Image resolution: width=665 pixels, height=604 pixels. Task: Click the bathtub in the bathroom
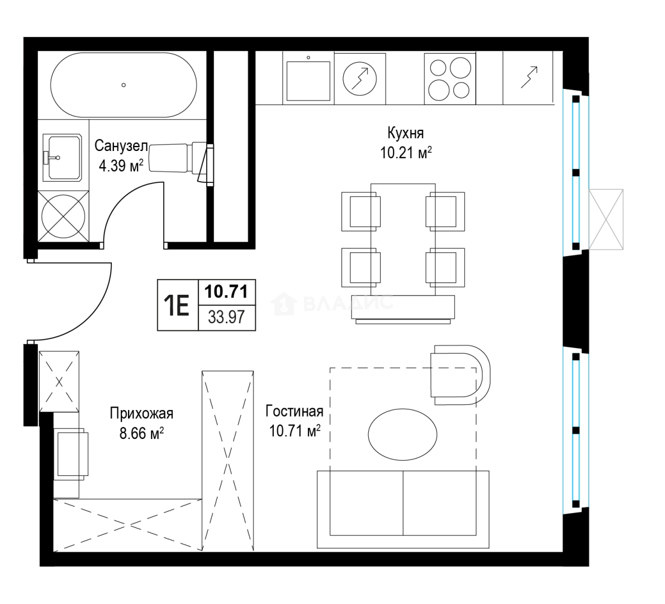click(x=123, y=85)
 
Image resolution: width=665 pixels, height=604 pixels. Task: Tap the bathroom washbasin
click(x=62, y=158)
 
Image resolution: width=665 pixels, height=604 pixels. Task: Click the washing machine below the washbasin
click(x=63, y=216)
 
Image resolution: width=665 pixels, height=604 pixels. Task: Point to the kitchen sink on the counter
click(x=308, y=81)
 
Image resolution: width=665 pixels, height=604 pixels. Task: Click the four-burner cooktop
click(x=450, y=78)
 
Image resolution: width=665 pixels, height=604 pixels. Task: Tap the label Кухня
click(x=406, y=133)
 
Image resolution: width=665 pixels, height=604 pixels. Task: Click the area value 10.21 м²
click(x=406, y=152)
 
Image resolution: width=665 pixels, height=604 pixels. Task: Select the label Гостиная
click(x=294, y=411)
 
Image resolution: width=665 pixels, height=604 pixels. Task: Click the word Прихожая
click(x=141, y=413)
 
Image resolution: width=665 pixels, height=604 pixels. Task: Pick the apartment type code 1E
click(x=177, y=305)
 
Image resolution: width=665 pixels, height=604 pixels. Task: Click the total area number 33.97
click(x=226, y=317)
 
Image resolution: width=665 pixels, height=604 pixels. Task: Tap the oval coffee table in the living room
click(x=402, y=434)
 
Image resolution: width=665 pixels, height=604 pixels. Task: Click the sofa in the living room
click(x=403, y=509)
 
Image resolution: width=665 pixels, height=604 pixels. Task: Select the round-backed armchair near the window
click(x=460, y=375)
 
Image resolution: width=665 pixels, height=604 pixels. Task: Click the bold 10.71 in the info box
click(x=226, y=291)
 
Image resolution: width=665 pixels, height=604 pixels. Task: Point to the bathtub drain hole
click(x=123, y=85)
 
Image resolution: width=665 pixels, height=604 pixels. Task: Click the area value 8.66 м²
click(x=141, y=434)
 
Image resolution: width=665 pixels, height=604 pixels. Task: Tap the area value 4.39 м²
click(x=121, y=166)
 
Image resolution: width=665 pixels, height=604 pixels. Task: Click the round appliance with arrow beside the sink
click(x=360, y=78)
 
